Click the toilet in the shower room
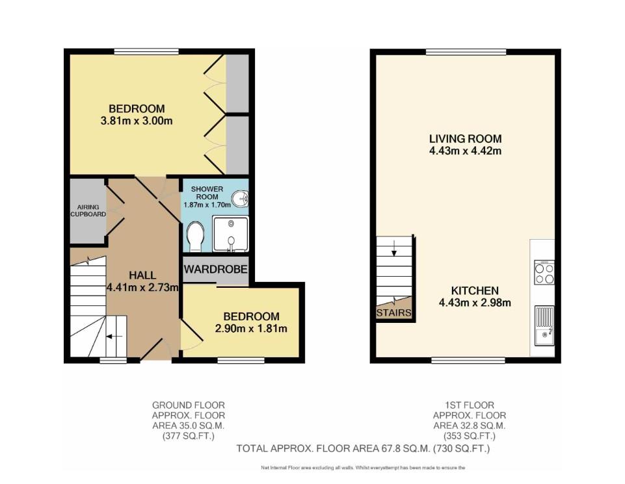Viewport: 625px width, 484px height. [x=195, y=237]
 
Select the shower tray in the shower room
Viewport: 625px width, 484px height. [x=230, y=234]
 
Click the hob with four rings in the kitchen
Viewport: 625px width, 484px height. [x=544, y=272]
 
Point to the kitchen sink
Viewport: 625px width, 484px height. [x=544, y=326]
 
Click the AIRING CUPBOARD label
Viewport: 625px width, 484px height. [x=88, y=210]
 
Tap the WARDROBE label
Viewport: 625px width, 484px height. [x=216, y=269]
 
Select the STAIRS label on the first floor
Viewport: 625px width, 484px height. [x=394, y=313]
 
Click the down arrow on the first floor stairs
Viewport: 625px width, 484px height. [x=394, y=248]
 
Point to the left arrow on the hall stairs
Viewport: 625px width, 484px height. [x=114, y=337]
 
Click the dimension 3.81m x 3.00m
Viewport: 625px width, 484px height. [x=137, y=121]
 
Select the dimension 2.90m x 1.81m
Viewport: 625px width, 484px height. [x=251, y=328]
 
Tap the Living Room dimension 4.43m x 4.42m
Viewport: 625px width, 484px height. [x=465, y=151]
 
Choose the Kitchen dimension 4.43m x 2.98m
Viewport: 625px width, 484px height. [x=475, y=303]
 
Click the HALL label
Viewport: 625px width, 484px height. [x=142, y=275]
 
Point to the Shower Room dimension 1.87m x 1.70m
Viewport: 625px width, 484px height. [x=207, y=205]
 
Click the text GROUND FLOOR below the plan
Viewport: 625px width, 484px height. [x=189, y=405]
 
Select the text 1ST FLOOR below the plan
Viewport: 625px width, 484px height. [x=470, y=405]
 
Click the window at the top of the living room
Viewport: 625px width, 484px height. [x=466, y=52]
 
